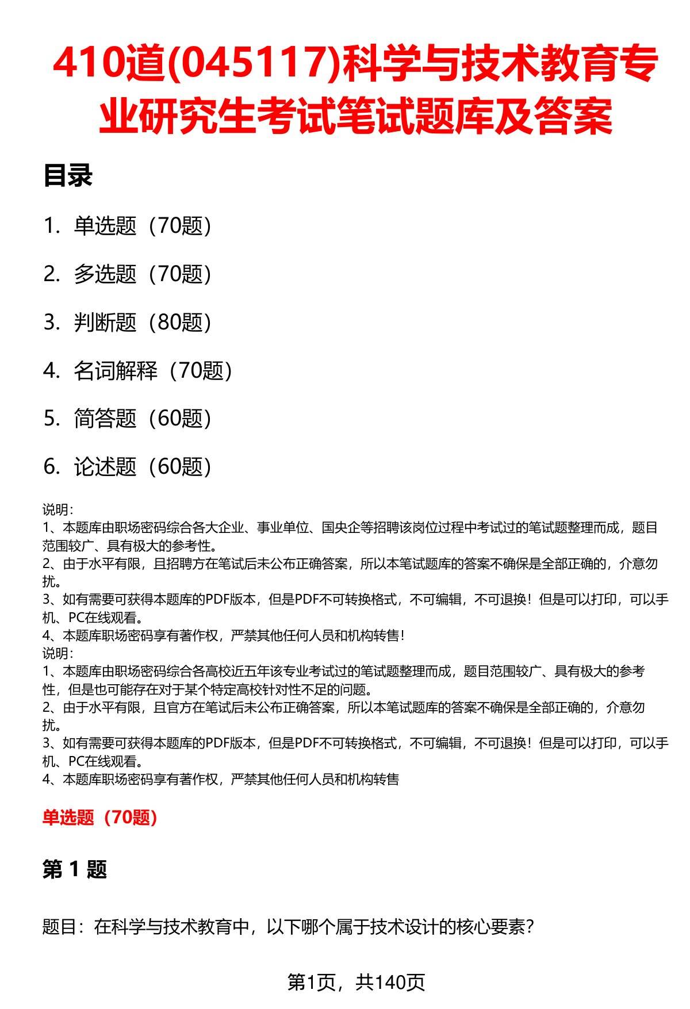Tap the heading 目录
click(x=68, y=176)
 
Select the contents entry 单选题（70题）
click(x=142, y=226)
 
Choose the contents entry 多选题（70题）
click(x=142, y=274)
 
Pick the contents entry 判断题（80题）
click(x=142, y=323)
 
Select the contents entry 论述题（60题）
click(x=142, y=467)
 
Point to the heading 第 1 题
click(x=75, y=869)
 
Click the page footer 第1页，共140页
click(x=356, y=982)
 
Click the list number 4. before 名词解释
click(x=51, y=371)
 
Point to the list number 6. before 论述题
click(x=51, y=467)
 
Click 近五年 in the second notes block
click(x=254, y=672)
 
